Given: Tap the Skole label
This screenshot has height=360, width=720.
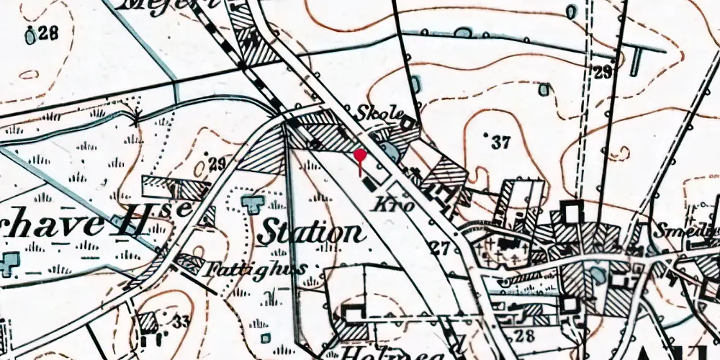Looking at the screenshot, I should [x=376, y=115].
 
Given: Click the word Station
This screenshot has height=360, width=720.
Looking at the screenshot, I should [x=310, y=233].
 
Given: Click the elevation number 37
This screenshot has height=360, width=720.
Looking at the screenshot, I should [x=500, y=143].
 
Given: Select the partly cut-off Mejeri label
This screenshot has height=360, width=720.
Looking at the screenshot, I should [x=168, y=4].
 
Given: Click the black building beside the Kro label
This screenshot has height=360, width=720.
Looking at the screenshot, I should [x=369, y=184].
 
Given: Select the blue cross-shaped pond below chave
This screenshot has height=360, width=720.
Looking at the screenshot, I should [x=9, y=264].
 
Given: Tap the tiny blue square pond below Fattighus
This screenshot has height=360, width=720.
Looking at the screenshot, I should [x=266, y=338].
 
